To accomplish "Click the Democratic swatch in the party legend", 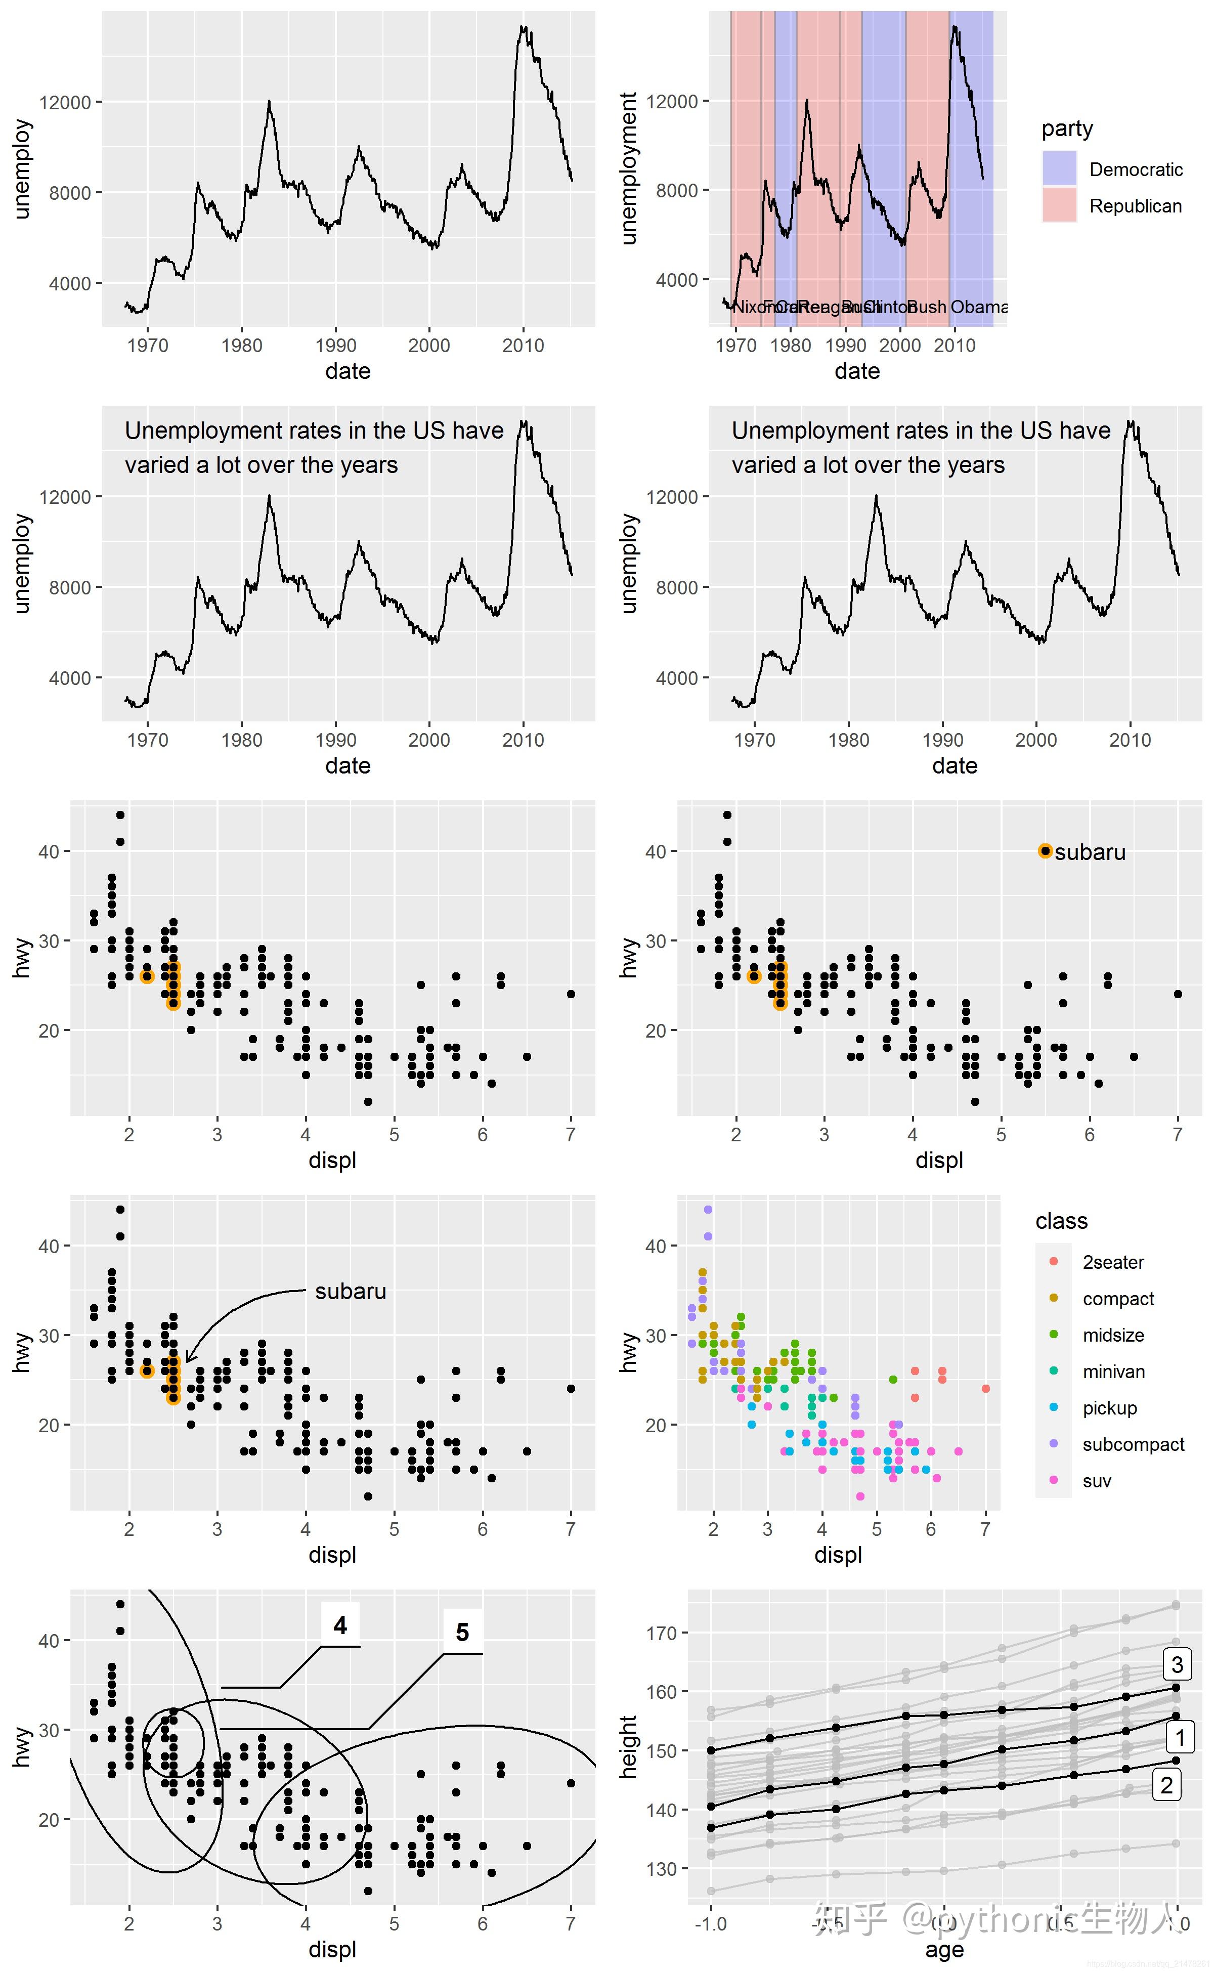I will [x=1059, y=168].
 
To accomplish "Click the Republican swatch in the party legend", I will [x=1059, y=205].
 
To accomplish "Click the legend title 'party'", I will [x=1067, y=128].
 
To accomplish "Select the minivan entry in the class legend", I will [x=1113, y=1371].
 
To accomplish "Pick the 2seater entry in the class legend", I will [x=1113, y=1262].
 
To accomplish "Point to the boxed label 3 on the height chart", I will [x=1177, y=1664].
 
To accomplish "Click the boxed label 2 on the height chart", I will [x=1166, y=1786].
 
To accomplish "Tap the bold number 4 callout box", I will [x=340, y=1626].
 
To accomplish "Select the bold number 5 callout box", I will [x=462, y=1633].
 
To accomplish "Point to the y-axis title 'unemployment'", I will [x=629, y=168].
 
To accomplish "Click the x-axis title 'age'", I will [x=944, y=1950].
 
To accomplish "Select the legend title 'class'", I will [x=1061, y=1221].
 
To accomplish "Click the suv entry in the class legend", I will [x=1096, y=1481].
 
